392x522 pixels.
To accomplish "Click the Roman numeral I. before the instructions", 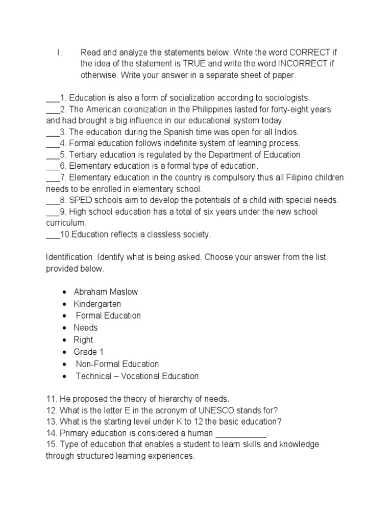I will coord(59,53).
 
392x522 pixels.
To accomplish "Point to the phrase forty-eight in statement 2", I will coord(289,109).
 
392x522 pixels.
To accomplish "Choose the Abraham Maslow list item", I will coord(106,292).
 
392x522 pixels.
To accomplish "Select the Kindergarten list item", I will coord(97,304).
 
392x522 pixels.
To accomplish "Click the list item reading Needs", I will coord(85,328).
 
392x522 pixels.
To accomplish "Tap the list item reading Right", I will coord(84,340).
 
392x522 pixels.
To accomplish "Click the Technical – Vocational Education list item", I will coord(137,376).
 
